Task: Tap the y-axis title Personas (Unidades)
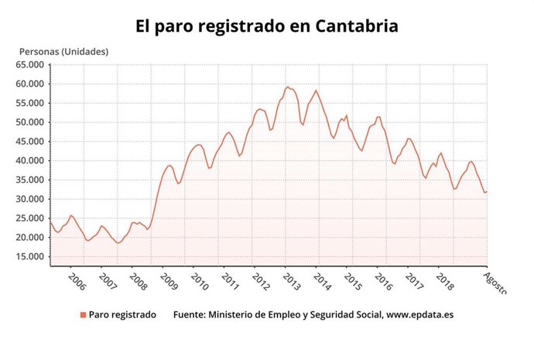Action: pos(63,52)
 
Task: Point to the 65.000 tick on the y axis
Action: pos(32,64)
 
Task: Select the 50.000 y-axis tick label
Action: pos(32,122)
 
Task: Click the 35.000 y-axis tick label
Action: pos(32,180)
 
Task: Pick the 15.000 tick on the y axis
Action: pos(32,257)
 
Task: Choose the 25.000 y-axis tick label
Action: pos(32,218)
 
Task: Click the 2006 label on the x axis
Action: pos(76,280)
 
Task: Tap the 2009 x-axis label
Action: pos(168,280)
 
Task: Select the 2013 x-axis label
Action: pos(291,280)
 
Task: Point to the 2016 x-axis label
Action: pos(383,280)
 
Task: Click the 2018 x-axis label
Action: pos(444,280)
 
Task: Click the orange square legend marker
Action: pos(83,315)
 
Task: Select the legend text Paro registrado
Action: pos(122,315)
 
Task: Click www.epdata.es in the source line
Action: pos(422,315)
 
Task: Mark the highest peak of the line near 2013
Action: pos(287,87)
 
